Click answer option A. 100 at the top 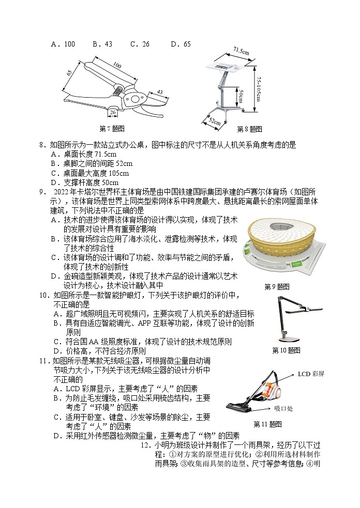click(x=63, y=44)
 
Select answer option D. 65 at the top click(x=181, y=44)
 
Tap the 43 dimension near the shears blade click(x=159, y=92)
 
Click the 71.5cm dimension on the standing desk click(x=241, y=51)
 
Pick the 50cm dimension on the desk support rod click(x=241, y=95)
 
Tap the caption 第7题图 click(x=112, y=129)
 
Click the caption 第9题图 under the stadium click(x=277, y=286)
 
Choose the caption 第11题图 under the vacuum click(x=267, y=424)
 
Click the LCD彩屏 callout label click(x=311, y=374)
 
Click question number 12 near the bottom click(x=145, y=445)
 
